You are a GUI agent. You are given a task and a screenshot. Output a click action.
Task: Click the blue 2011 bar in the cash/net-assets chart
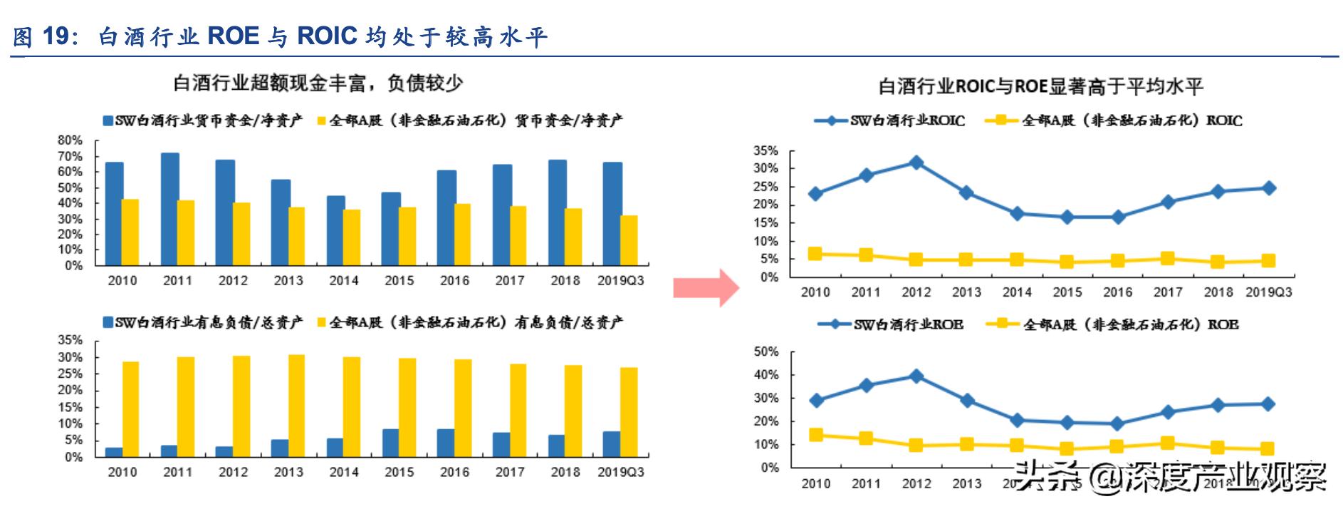pyautogui.click(x=169, y=209)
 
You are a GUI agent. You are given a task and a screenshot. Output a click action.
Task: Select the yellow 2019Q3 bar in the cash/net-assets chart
pyautogui.click(x=629, y=240)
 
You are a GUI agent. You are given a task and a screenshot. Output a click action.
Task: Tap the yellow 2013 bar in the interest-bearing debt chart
pyautogui.click(x=296, y=406)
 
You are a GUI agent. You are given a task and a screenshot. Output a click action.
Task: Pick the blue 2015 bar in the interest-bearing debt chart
pyautogui.click(x=390, y=443)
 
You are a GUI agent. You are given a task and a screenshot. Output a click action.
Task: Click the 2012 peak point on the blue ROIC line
pyautogui.click(x=916, y=163)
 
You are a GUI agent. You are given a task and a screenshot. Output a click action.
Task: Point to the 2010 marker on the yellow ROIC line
pyautogui.click(x=815, y=254)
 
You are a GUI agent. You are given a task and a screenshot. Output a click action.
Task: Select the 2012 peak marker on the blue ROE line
pyautogui.click(x=916, y=376)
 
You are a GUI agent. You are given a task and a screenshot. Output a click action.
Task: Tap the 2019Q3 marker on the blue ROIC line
pyautogui.click(x=1268, y=188)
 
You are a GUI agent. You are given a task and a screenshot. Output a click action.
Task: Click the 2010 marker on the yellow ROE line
pyautogui.click(x=815, y=435)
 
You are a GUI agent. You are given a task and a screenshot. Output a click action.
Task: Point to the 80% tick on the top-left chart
pyautogui.click(x=70, y=140)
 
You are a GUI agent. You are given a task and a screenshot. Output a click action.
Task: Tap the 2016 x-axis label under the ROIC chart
pyautogui.click(x=1117, y=292)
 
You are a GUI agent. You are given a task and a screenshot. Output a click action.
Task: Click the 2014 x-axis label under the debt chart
pyautogui.click(x=344, y=472)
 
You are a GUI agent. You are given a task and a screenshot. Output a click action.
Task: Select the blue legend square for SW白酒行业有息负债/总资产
pyautogui.click(x=108, y=323)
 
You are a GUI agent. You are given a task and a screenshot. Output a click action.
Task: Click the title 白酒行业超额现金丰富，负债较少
pyautogui.click(x=318, y=84)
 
